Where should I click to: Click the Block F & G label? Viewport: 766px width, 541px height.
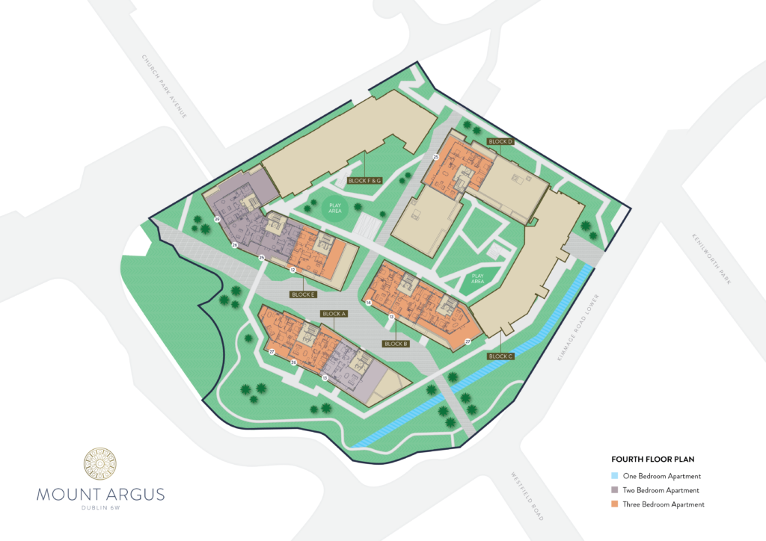365,181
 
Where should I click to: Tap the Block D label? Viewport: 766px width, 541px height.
500,141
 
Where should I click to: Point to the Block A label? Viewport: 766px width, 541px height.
334,314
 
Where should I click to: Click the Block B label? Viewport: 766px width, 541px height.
395,344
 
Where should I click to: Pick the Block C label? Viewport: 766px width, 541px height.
500,356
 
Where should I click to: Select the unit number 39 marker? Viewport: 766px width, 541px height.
216,219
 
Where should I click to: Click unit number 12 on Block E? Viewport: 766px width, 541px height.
292,269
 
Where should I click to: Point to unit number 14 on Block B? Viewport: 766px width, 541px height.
369,302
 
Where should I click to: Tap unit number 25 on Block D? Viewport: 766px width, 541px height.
435,157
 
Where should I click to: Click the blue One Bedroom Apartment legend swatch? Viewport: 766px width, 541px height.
615,476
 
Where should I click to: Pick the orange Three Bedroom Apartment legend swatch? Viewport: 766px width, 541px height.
615,504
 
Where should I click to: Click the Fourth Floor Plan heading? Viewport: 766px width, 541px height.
649,459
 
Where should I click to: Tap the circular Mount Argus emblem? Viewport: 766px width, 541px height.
100,466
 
